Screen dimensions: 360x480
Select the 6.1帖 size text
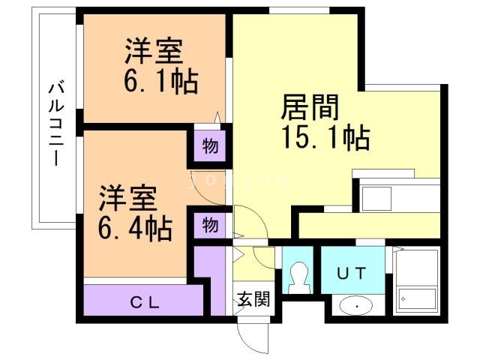point(160,80)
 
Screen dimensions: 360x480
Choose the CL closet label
point(145,303)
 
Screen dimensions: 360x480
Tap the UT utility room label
point(351,273)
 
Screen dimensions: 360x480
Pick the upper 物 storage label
point(211,147)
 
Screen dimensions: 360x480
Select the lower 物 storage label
point(211,224)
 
